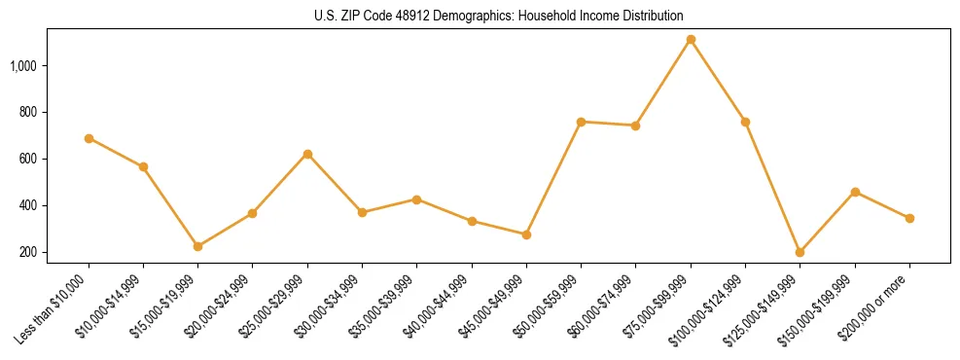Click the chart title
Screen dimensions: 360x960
[x=498, y=17]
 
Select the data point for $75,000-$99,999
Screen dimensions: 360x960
[x=691, y=40]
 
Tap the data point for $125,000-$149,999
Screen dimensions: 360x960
[x=800, y=252]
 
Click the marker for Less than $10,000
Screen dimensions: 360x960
[x=89, y=138]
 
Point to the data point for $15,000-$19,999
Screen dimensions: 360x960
[x=197, y=246]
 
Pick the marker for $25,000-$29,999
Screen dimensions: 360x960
[x=307, y=154]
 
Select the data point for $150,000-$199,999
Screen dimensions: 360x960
[x=855, y=192]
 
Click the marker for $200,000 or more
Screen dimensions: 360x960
[x=909, y=218]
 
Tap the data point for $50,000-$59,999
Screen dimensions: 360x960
[x=581, y=122]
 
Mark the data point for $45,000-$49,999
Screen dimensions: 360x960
[x=526, y=234]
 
